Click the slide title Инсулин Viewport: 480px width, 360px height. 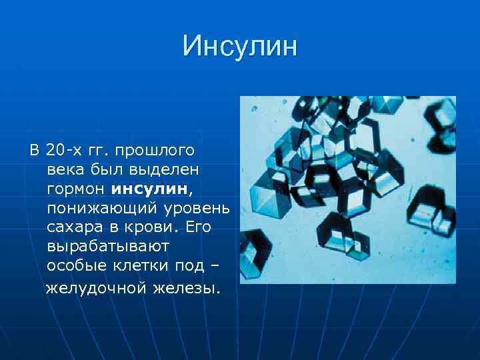(x=239, y=46)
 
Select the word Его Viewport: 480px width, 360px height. (x=198, y=227)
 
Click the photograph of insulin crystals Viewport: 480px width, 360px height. (x=347, y=189)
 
